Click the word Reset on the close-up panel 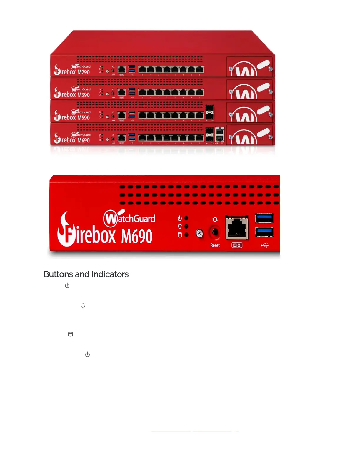(x=215, y=245)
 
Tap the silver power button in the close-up (x=200, y=234)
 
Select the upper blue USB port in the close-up (x=264, y=218)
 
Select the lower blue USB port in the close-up (x=264, y=232)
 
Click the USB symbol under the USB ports (x=264, y=245)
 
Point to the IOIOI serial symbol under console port (x=237, y=245)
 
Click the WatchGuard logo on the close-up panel (x=129, y=218)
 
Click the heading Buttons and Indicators (x=86, y=274)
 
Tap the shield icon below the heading (x=83, y=306)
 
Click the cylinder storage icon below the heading (x=71, y=334)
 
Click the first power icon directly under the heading (x=67, y=286)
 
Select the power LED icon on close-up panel (x=180, y=218)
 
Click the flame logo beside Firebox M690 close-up (x=65, y=229)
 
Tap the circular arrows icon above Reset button (x=215, y=220)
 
